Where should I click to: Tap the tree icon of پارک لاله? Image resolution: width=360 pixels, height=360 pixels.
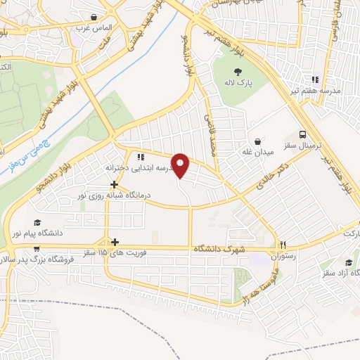click(x=238, y=71)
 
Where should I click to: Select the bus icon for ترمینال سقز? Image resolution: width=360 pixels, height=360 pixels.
click(x=302, y=134)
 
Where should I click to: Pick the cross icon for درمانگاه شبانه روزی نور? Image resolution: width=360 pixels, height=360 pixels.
click(x=114, y=184)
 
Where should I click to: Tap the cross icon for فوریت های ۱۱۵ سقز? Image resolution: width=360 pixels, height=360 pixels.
click(x=106, y=240)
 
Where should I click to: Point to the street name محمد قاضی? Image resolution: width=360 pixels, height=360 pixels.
click(x=210, y=135)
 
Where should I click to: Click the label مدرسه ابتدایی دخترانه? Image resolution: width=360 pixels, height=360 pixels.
click(x=139, y=168)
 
